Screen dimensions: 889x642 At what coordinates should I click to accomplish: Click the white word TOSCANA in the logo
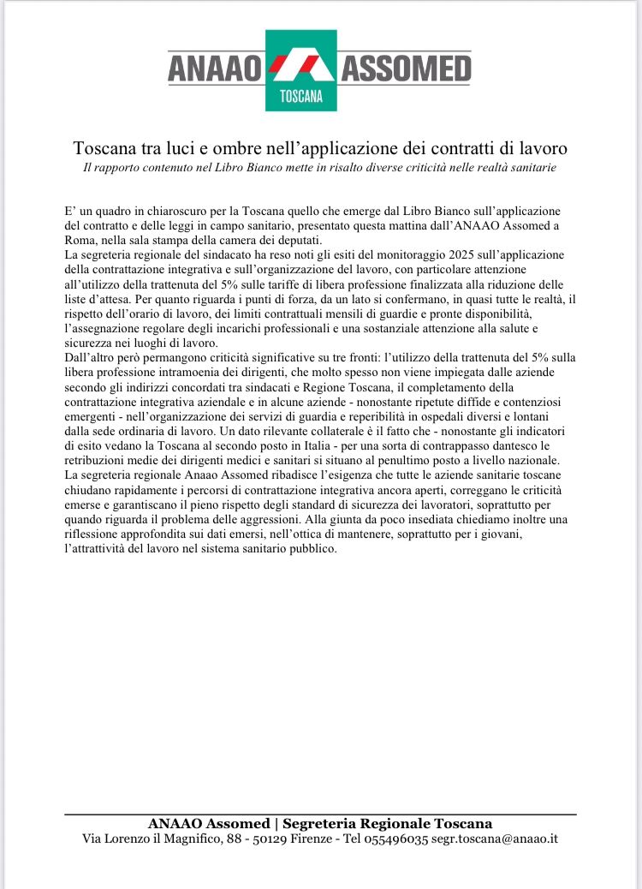click(x=300, y=96)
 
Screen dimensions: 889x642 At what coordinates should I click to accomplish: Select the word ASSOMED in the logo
click(x=407, y=67)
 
